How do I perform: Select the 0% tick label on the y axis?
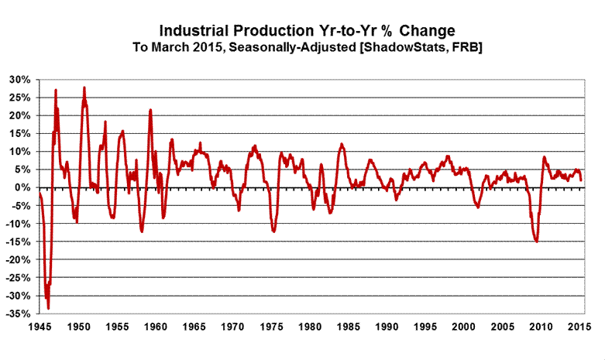click(x=22, y=188)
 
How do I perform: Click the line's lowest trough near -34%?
click(x=48, y=308)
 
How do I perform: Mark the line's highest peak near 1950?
click(x=84, y=87)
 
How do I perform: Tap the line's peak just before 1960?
click(x=150, y=110)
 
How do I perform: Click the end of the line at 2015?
click(x=581, y=180)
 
